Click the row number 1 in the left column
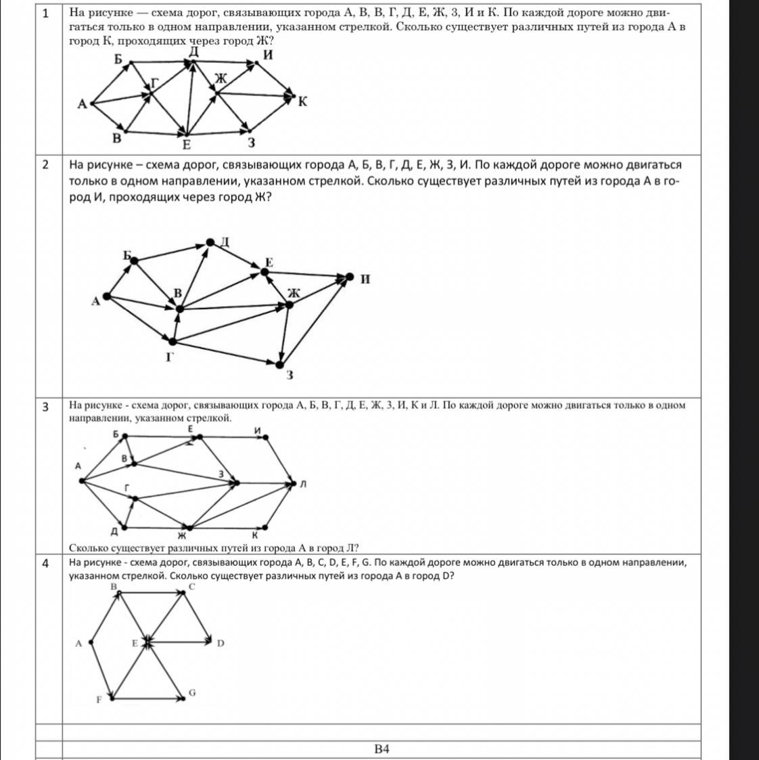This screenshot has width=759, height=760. [46, 12]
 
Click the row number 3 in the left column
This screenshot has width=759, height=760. [46, 407]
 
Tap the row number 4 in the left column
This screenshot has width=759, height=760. [46, 563]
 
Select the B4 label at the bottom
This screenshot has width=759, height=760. [382, 748]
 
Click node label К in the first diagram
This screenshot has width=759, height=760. [302, 102]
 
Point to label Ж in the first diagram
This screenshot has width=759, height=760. [221, 79]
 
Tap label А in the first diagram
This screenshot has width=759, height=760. [83, 104]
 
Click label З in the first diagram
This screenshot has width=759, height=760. [251, 143]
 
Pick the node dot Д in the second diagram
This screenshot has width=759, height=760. [210, 242]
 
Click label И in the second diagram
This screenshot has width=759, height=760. [365, 279]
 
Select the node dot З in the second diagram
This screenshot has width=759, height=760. [279, 365]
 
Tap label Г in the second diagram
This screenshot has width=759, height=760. [170, 357]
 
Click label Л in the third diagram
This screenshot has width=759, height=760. [303, 484]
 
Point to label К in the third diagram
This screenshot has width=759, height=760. [255, 535]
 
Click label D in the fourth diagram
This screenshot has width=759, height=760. [221, 643]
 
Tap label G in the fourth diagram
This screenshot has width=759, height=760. [192, 692]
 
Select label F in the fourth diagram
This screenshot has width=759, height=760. [99, 699]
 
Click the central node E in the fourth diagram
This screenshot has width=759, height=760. [147, 643]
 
